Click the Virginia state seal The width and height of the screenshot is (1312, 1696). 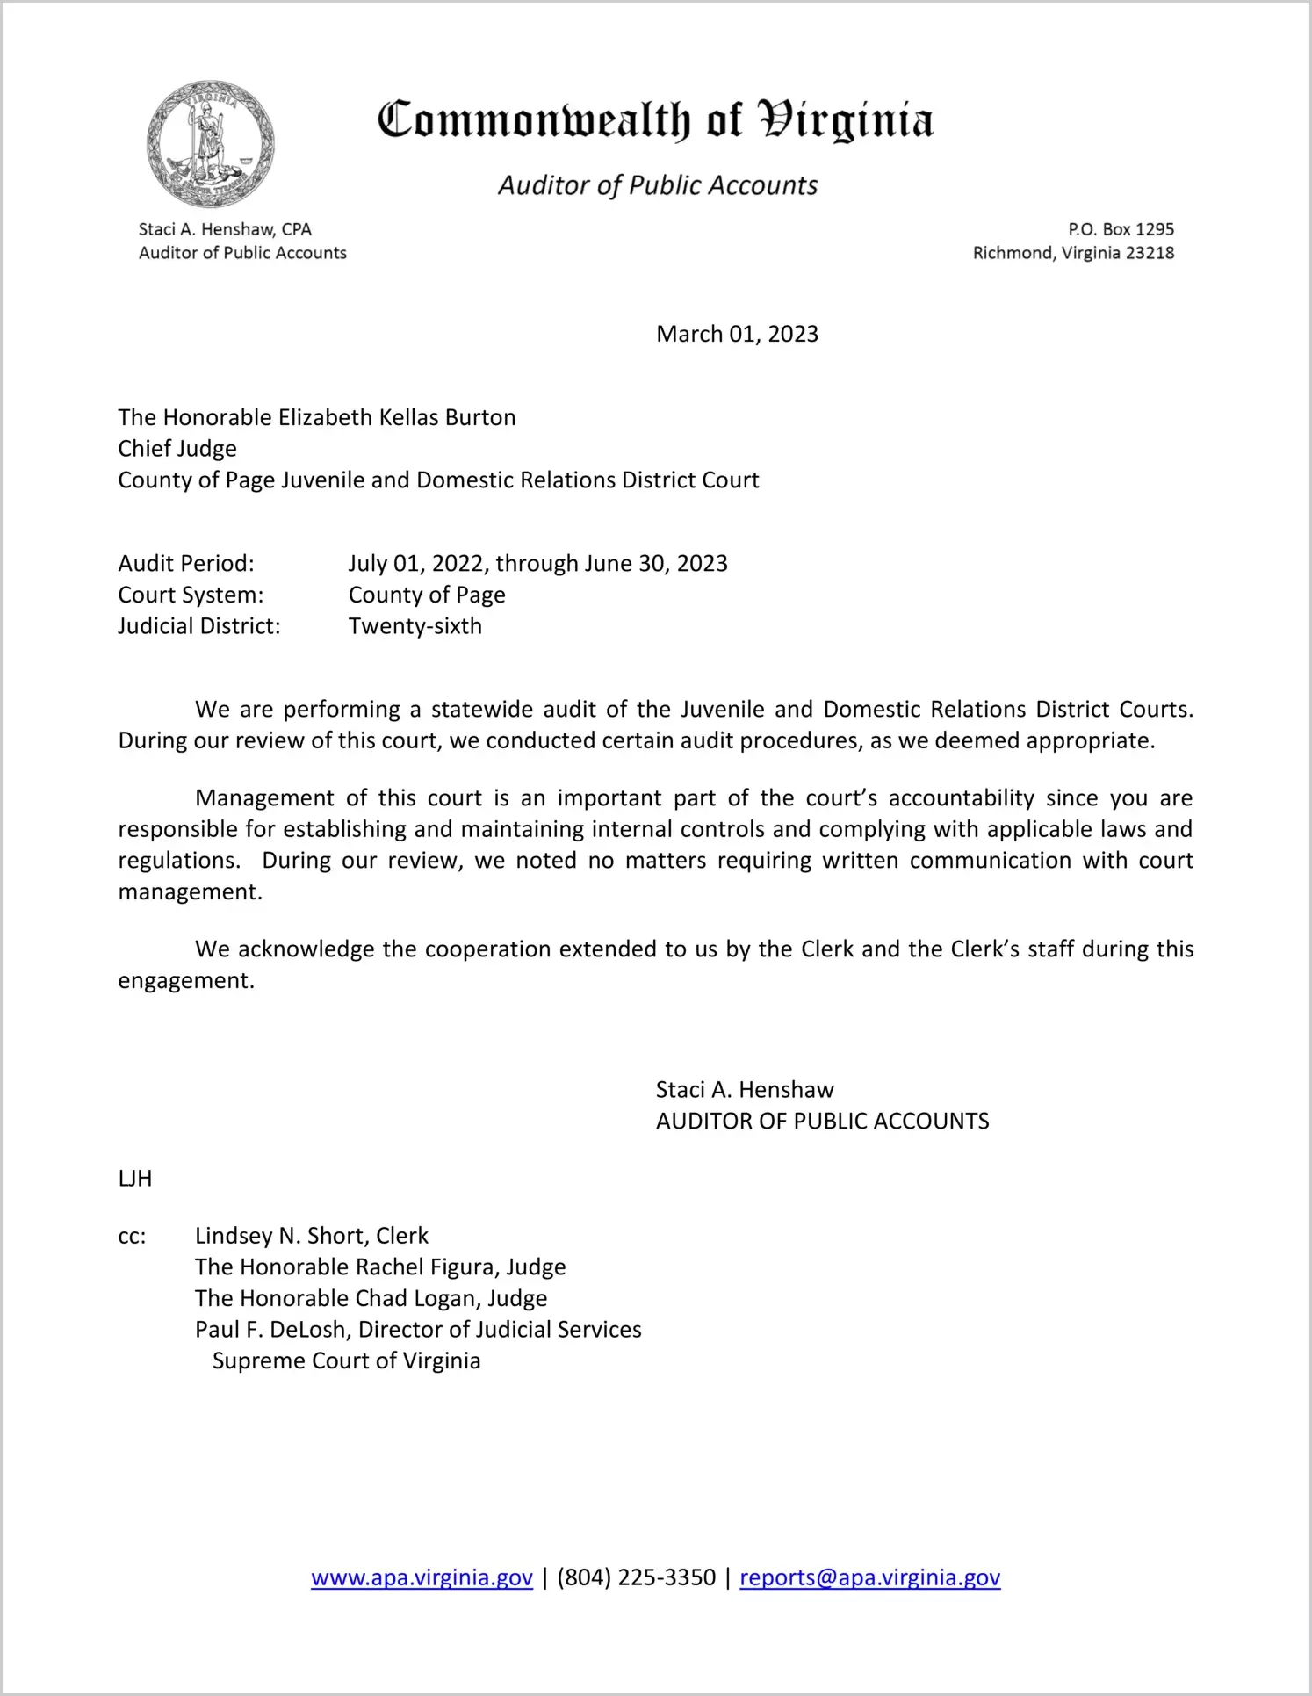(211, 144)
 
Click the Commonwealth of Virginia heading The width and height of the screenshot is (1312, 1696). (655, 121)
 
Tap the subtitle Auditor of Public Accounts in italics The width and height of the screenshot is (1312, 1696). (658, 185)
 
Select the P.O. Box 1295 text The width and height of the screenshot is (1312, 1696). (1121, 229)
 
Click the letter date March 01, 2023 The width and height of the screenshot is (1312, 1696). (737, 334)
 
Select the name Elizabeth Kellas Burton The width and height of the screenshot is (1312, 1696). (397, 417)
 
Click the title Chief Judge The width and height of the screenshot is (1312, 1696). (177, 449)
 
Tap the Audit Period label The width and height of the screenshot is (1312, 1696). (186, 563)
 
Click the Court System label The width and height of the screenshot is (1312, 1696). (191, 595)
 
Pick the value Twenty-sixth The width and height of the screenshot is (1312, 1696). (415, 626)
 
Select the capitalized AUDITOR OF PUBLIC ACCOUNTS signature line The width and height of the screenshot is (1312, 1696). (822, 1121)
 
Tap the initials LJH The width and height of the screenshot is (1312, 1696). (135, 1179)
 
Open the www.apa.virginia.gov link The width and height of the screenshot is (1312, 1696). (422, 1577)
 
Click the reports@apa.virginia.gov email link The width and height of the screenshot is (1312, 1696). (869, 1577)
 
